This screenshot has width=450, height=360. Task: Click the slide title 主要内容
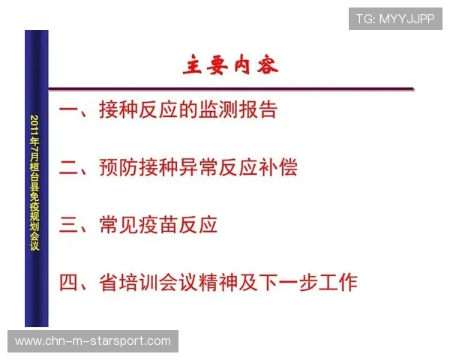pyautogui.click(x=231, y=65)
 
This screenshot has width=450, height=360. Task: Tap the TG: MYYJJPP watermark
pyautogui.click(x=395, y=18)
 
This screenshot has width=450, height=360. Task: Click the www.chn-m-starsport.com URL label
pyautogui.click(x=93, y=342)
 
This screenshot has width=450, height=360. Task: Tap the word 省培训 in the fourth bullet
pyautogui.click(x=128, y=282)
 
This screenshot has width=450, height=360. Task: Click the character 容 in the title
pyautogui.click(x=267, y=65)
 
